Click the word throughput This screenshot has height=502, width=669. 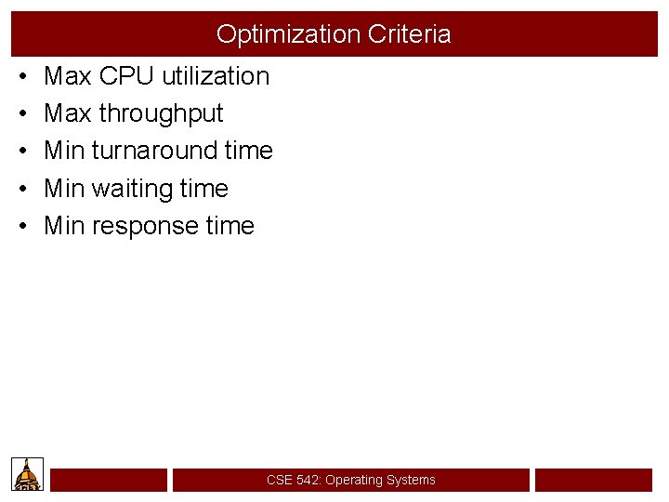coord(161,113)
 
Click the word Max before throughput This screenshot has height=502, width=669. coord(68,113)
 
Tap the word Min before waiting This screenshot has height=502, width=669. coord(64,189)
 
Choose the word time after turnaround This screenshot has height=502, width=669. coord(249,151)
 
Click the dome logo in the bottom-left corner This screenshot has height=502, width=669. coord(27,474)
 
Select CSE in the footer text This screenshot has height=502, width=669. coord(279,480)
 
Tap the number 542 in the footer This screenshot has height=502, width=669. coord(307,480)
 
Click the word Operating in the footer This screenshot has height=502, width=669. coord(356,480)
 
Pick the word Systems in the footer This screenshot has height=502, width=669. coord(413,480)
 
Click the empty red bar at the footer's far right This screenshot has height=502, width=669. coord(593,480)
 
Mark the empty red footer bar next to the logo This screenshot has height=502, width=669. coord(109,480)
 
